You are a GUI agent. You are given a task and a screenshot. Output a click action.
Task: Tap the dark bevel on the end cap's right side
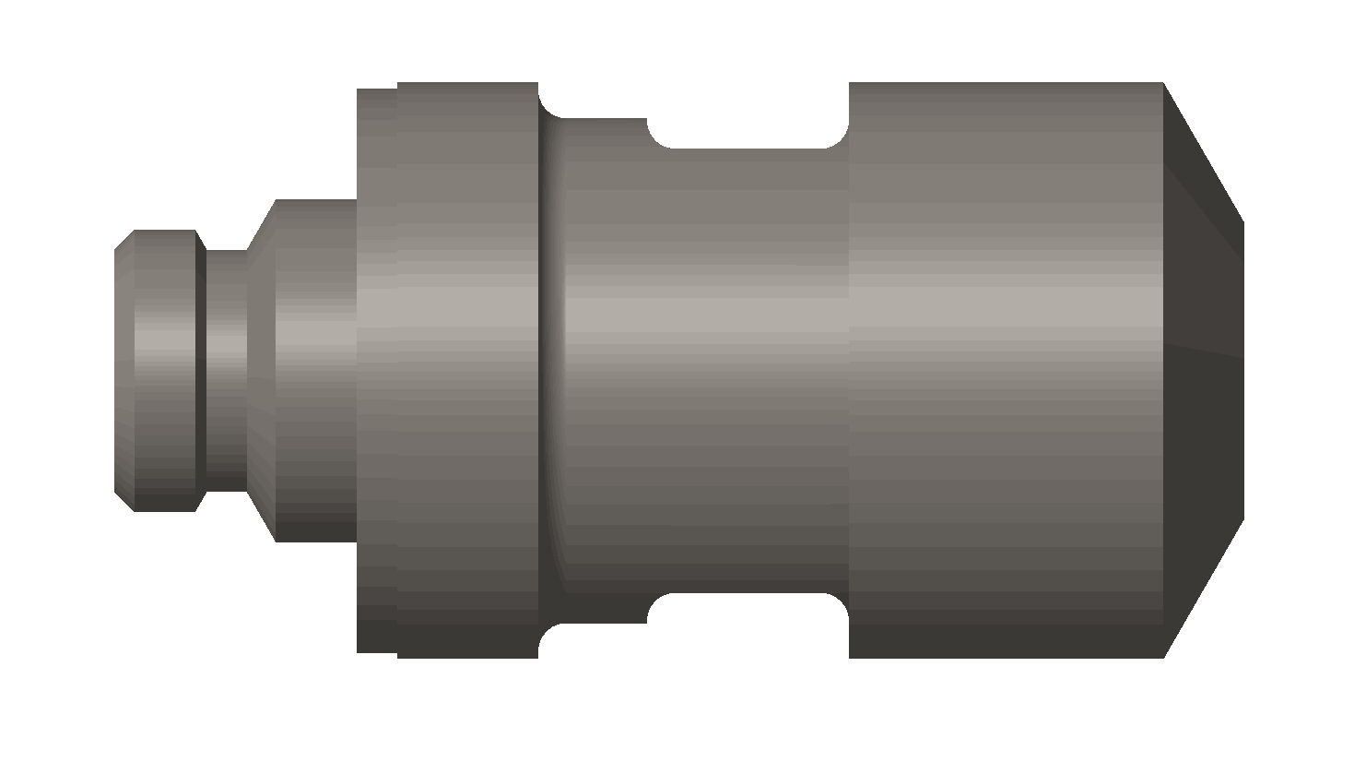click(x=200, y=369)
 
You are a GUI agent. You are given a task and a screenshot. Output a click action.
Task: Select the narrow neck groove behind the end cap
click(x=226, y=369)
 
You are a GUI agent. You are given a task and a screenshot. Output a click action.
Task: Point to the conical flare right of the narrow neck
click(x=262, y=369)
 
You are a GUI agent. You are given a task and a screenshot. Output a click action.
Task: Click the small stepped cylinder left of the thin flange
click(x=316, y=369)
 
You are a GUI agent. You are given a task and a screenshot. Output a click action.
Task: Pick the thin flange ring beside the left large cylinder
click(x=377, y=369)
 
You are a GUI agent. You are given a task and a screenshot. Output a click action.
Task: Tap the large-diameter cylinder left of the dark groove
click(x=467, y=369)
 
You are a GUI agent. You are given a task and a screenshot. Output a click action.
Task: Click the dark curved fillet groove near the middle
click(x=551, y=369)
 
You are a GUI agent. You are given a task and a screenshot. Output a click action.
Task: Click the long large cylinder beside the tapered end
click(x=1005, y=369)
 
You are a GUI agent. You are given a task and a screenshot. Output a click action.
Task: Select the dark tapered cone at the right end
click(x=1203, y=369)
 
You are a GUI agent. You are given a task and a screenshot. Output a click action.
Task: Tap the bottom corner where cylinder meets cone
click(x=1163, y=657)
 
